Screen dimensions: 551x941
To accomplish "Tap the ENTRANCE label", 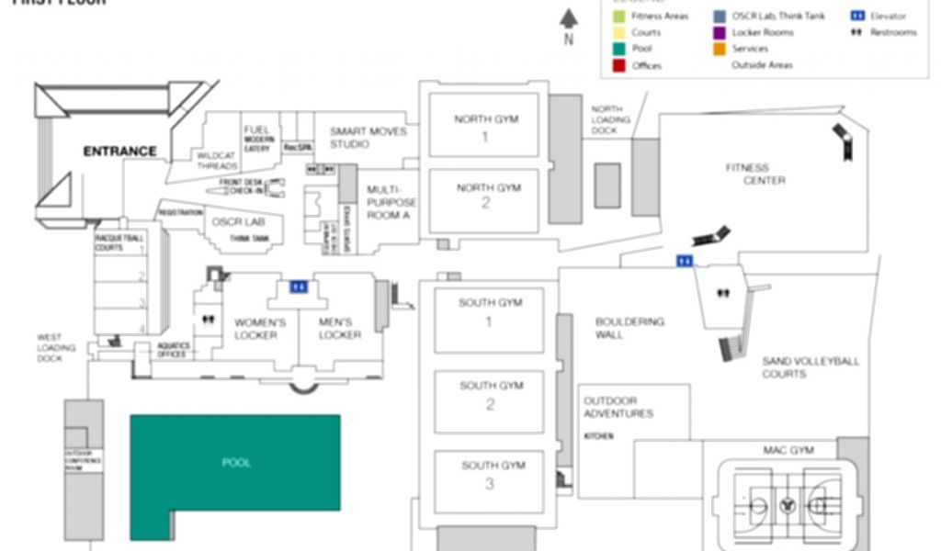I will (x=120, y=151).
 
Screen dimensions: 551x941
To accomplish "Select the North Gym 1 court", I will (x=484, y=128).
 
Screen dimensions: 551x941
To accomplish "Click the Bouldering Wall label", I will (x=629, y=328).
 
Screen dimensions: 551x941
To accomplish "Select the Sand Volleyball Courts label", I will (x=810, y=367).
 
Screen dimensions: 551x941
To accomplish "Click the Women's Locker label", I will (x=260, y=329).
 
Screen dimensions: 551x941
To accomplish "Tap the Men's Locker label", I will (x=339, y=329).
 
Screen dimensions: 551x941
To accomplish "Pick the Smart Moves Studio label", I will (x=368, y=138).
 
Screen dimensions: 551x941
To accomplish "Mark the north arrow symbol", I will (x=569, y=19).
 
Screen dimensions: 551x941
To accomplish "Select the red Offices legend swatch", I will (x=618, y=65).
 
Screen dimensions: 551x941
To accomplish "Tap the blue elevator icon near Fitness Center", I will (x=684, y=261).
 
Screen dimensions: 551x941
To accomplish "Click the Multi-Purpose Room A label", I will (x=391, y=202).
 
